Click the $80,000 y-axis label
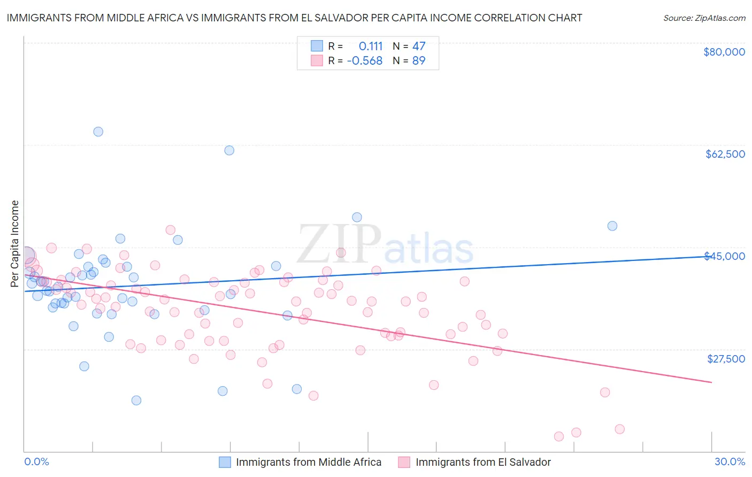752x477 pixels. click(724, 52)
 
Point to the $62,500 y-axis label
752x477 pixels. click(725, 154)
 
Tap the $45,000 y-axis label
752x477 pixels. click(725, 256)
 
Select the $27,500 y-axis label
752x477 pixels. click(726, 359)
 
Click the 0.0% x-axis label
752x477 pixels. click(36, 462)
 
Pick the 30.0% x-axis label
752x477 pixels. click(730, 462)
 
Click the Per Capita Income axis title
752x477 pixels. click(15, 243)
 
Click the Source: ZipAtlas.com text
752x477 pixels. click(704, 18)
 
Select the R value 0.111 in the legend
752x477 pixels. click(371, 46)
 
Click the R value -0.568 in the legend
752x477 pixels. click(365, 61)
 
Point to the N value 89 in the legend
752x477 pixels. click(419, 61)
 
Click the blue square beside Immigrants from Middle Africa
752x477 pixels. click(225, 462)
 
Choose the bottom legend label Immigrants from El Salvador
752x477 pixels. click(483, 462)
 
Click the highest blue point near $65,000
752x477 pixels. click(98, 132)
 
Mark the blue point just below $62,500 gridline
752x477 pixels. click(229, 150)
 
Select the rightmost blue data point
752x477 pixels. click(612, 226)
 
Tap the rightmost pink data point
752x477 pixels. click(619, 429)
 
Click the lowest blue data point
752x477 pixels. click(136, 401)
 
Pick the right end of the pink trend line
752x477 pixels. click(711, 382)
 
